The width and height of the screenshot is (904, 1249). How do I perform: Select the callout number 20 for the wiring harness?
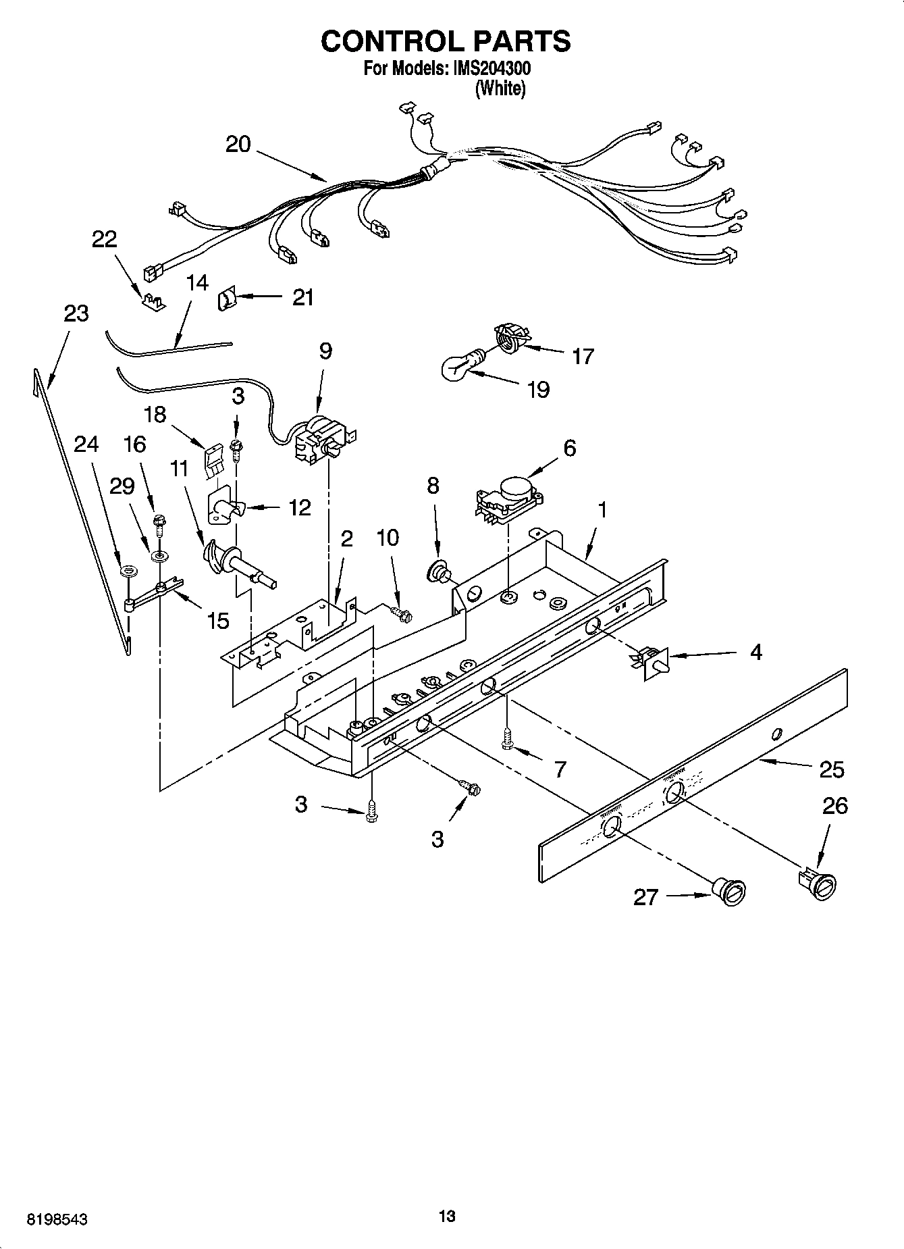click(x=238, y=144)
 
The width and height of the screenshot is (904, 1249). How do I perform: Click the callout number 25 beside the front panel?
click(x=832, y=769)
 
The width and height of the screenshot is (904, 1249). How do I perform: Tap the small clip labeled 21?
click(x=225, y=298)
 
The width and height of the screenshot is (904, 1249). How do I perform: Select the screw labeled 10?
click(x=402, y=613)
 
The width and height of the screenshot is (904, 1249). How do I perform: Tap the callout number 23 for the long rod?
click(x=76, y=313)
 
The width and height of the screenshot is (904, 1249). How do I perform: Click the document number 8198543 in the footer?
click(x=57, y=1220)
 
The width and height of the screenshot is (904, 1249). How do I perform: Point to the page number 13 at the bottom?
click(x=446, y=1217)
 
